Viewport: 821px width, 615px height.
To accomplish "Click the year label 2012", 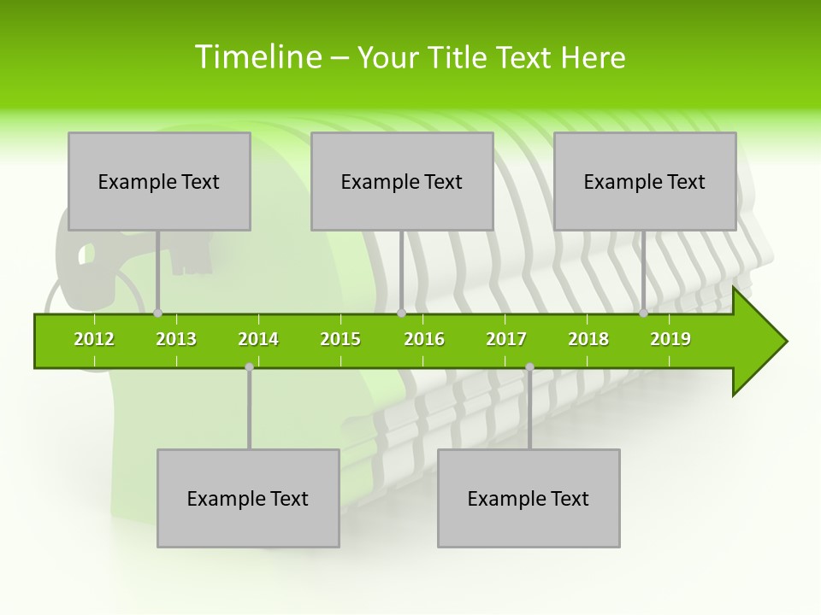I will click(94, 339).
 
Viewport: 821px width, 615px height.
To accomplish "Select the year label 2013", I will click(176, 339).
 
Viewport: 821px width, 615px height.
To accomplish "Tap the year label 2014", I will click(258, 339).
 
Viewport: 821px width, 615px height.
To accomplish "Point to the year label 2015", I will click(340, 339).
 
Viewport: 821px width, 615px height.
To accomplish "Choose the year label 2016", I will click(424, 339).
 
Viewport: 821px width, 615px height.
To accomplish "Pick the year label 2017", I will click(506, 339).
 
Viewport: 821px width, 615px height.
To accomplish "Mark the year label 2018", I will click(588, 339).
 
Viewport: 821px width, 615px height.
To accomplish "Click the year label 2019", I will click(670, 339).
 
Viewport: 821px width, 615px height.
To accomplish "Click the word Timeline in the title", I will click(257, 57).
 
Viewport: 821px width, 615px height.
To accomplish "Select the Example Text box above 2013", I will click(159, 181).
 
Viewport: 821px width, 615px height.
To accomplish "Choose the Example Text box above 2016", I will click(402, 181).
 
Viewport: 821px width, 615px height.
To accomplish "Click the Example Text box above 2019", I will click(645, 181).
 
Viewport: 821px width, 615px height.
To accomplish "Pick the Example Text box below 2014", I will click(248, 498).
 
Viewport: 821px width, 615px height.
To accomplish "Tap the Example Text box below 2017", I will click(529, 498).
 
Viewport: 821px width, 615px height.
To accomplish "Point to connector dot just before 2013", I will click(157, 313).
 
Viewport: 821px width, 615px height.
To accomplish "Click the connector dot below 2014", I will click(249, 366).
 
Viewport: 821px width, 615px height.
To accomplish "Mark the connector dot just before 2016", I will click(401, 313).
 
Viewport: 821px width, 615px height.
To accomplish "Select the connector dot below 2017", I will click(529, 366).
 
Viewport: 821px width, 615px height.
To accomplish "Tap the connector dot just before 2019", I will click(643, 313).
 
